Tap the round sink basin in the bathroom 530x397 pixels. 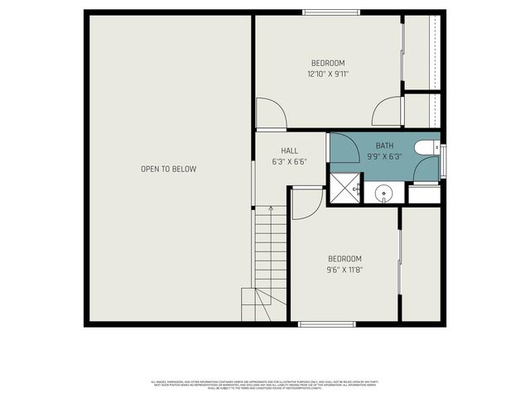pos(384,195)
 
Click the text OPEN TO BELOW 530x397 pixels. pos(168,169)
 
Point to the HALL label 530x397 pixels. pos(289,151)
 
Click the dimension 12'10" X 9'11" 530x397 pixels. pos(328,74)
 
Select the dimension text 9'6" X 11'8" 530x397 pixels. pos(344,269)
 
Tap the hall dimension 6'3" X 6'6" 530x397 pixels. pos(289,162)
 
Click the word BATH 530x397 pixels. pos(384,145)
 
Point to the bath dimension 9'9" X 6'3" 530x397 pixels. pos(384,156)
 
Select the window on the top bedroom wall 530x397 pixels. pos(330,12)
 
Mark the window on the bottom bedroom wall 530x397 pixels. pos(326,324)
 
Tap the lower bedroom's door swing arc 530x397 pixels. pos(305,203)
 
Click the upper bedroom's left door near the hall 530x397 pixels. pos(272,113)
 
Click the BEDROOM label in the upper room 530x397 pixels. pos(328,63)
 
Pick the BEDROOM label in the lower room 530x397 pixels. pos(344,258)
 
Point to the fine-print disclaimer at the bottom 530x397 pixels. pos(265,385)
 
